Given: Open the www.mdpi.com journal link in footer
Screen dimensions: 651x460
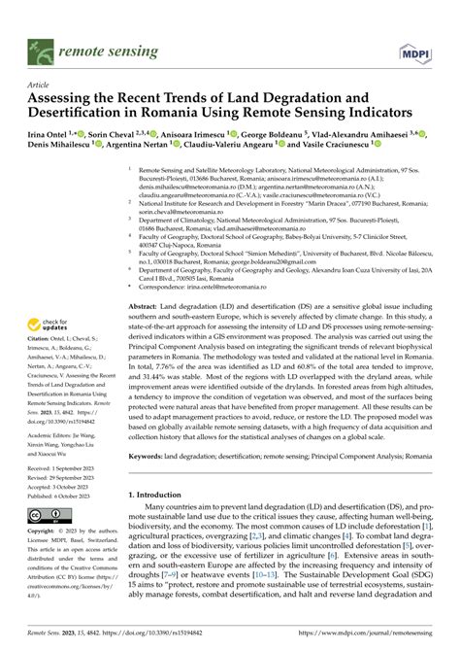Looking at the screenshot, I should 381,642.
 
